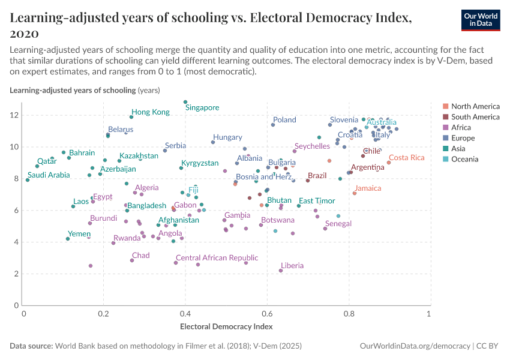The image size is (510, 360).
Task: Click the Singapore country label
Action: pyautogui.click(x=202, y=108)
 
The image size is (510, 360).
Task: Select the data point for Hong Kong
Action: pyautogui.click(x=131, y=117)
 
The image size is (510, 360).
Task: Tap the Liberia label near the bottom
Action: pyautogui.click(x=292, y=266)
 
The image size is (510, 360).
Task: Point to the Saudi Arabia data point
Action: pyautogui.click(x=28, y=179)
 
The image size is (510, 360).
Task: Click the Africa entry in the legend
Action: pyautogui.click(x=461, y=128)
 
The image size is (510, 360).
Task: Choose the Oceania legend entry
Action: pyautogui.click(x=464, y=159)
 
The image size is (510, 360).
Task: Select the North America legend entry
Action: pyautogui.click(x=475, y=106)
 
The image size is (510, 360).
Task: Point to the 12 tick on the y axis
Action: pyautogui.click(x=16, y=115)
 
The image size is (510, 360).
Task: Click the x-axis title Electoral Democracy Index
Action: pyautogui.click(x=226, y=327)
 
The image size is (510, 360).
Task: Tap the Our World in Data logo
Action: pyautogui.click(x=480, y=20)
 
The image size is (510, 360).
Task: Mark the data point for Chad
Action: pyautogui.click(x=132, y=260)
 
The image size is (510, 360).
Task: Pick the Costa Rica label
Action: pyautogui.click(x=407, y=158)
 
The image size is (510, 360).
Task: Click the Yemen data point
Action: pyautogui.click(x=68, y=239)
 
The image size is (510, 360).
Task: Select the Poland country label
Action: pyautogui.click(x=284, y=120)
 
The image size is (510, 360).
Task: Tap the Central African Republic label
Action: pyautogui.click(x=217, y=258)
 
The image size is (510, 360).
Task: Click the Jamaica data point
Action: pyautogui.click(x=355, y=193)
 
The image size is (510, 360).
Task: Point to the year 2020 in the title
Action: pyautogui.click(x=25, y=33)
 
